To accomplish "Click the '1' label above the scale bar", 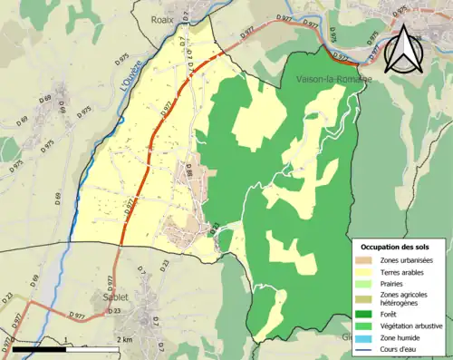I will (65, 339).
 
